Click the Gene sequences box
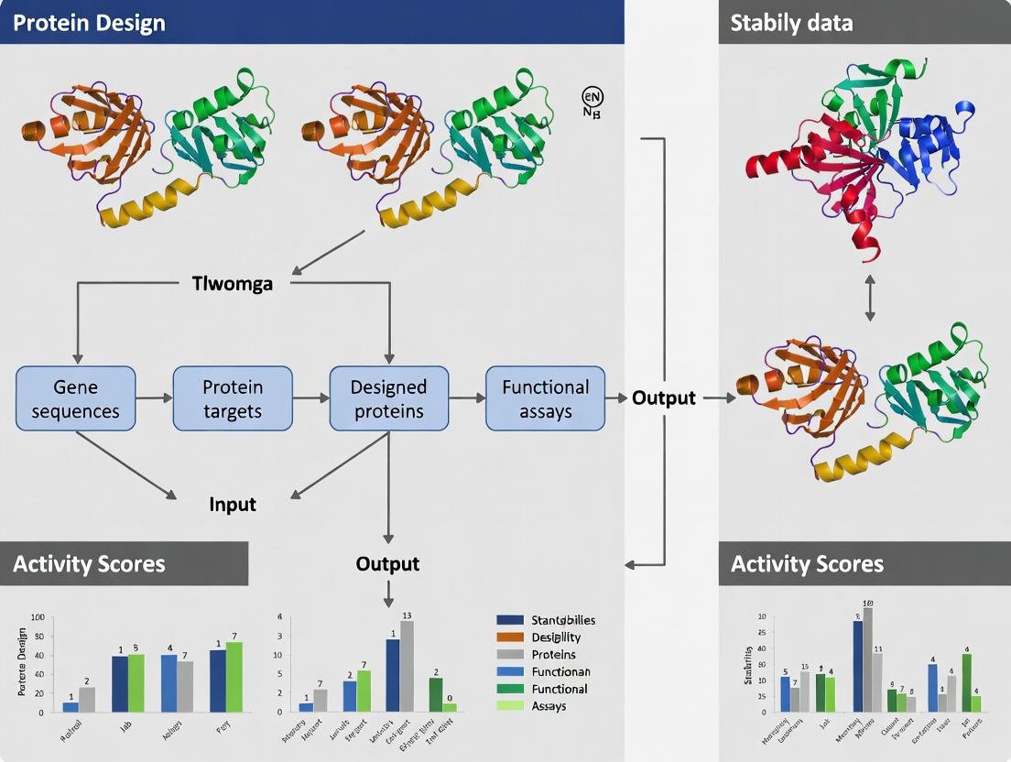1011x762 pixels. coord(75,398)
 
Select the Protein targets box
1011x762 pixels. coord(233,398)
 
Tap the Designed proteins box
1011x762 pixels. coord(389,398)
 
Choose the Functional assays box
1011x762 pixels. coord(545,398)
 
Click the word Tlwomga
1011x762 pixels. coord(233,283)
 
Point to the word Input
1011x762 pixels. coord(233,504)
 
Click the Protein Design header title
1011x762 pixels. coord(89,23)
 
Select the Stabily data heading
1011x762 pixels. coord(791,23)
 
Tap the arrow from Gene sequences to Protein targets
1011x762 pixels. coord(154,398)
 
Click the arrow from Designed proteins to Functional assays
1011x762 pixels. coord(467,398)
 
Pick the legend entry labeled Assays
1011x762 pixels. coord(549,706)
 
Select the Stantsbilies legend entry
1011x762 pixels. coord(562,620)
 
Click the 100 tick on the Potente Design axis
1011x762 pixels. coord(38,617)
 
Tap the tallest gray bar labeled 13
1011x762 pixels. coord(407,666)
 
